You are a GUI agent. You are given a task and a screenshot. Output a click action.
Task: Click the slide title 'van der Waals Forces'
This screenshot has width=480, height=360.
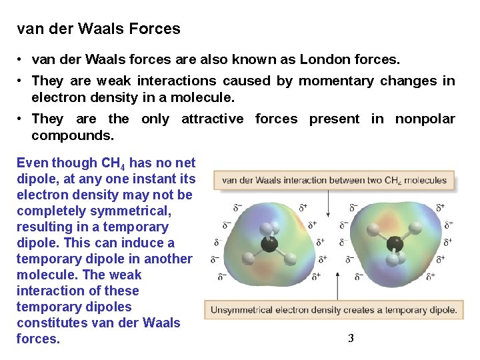(99, 29)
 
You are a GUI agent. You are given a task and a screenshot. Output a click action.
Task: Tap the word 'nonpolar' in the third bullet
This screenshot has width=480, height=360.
(425, 119)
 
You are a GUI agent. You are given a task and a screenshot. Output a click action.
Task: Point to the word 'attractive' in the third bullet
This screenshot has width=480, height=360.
(213, 119)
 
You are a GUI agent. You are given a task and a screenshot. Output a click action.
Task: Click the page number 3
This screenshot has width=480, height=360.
(351, 339)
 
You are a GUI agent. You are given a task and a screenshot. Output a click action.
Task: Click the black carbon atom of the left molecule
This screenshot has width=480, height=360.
(269, 244)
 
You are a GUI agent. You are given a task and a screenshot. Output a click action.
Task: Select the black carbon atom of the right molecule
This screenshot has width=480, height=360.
(395, 243)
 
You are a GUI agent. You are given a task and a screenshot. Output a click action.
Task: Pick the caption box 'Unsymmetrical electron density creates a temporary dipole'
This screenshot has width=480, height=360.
(333, 309)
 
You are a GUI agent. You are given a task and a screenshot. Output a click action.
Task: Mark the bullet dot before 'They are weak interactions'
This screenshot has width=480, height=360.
(22, 81)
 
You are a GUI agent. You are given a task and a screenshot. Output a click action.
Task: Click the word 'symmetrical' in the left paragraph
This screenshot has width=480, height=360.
(134, 211)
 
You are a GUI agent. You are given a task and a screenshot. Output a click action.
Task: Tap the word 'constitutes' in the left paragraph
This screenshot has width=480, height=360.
(49, 323)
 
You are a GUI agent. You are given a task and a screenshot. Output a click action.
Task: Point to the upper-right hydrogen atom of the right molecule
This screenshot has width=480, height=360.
(415, 228)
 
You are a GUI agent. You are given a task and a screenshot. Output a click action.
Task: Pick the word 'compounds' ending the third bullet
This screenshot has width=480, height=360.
(72, 135)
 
